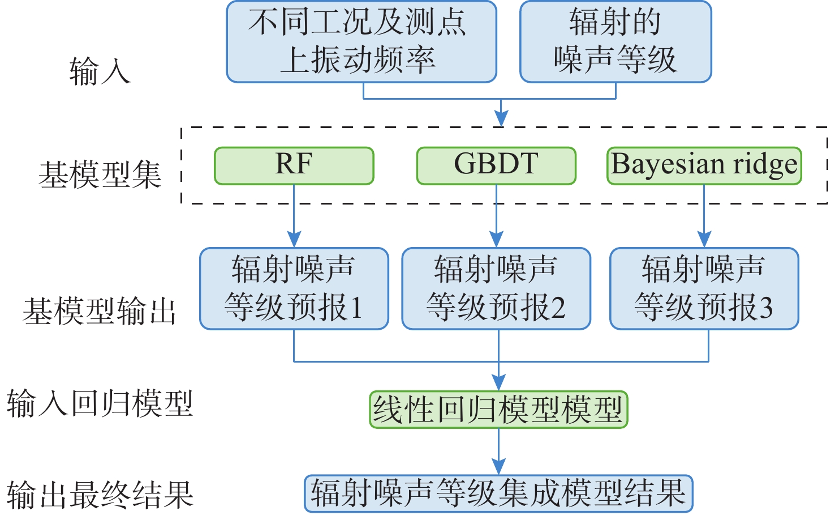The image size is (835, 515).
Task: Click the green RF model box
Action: [294, 165]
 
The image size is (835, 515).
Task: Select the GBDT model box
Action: [496, 165]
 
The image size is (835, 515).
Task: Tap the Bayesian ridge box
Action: [704, 165]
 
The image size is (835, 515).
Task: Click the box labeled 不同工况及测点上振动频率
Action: [361, 41]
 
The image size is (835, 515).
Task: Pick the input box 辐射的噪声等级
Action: [616, 41]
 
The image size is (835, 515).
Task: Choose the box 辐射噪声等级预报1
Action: [294, 288]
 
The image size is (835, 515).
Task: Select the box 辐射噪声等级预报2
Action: [496, 288]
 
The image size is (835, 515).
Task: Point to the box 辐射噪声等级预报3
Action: [704, 288]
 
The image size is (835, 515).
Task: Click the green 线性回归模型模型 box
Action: [498, 409]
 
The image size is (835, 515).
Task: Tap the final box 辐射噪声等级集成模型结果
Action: [498, 493]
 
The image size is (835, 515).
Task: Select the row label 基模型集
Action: [100, 174]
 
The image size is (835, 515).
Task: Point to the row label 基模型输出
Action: [99, 311]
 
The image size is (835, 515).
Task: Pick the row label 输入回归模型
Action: [100, 404]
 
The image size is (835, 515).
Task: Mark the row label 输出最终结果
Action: [100, 495]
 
